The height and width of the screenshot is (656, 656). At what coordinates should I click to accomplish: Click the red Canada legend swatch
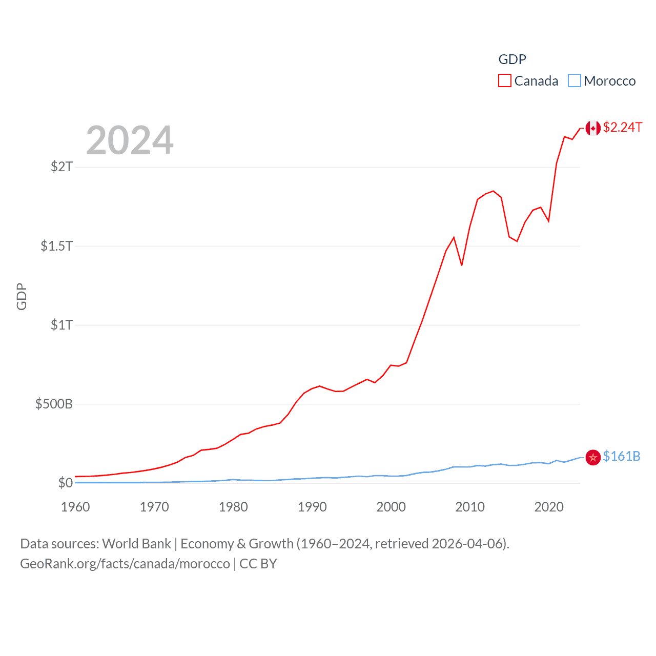point(505,81)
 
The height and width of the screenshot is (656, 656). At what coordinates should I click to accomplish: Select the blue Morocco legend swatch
point(575,81)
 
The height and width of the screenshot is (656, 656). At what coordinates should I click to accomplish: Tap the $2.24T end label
point(622,127)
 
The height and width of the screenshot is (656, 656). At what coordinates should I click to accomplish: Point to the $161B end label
point(621,456)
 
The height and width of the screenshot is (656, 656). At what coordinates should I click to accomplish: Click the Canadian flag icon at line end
point(593,128)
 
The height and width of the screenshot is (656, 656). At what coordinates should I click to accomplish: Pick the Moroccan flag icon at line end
point(593,457)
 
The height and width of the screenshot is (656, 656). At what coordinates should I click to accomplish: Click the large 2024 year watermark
point(130,140)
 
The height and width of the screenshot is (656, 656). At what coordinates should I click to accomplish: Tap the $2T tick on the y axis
point(61,167)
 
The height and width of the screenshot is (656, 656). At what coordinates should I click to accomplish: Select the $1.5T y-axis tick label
point(57,246)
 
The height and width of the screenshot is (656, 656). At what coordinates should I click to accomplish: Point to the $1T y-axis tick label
point(61,325)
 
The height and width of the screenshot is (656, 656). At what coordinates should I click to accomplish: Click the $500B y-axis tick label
point(54,404)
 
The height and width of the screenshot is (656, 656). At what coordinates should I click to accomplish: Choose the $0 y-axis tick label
point(65,483)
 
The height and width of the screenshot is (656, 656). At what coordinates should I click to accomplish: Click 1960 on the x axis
point(75,507)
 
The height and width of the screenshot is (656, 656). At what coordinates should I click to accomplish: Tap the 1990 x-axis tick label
point(312,507)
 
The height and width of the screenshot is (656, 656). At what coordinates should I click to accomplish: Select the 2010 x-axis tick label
point(470,507)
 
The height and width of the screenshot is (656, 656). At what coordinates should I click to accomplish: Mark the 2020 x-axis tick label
point(549,507)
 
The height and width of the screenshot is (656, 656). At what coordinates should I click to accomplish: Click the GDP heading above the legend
point(512,59)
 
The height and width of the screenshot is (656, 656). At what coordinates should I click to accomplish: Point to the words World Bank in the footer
point(136,543)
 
